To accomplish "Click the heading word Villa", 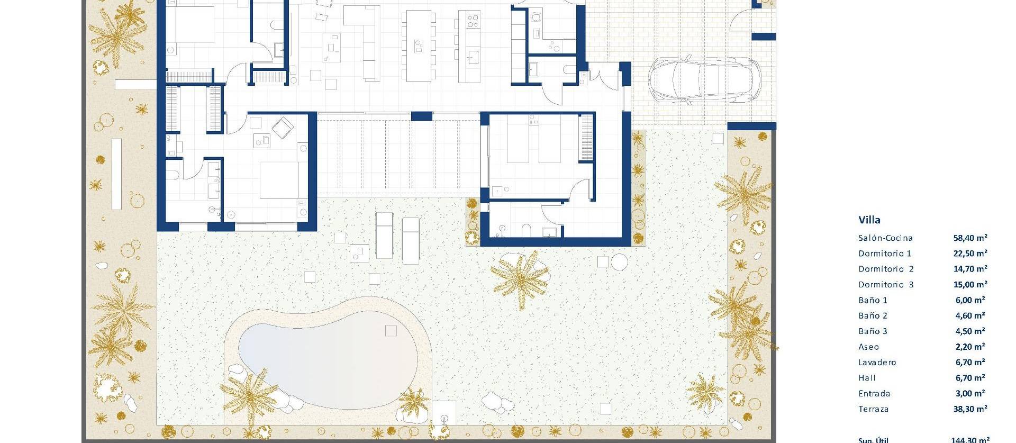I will pyautogui.click(x=869, y=220).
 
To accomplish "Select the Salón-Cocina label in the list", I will pyautogui.click(x=885, y=238).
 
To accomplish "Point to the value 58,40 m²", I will pyautogui.click(x=970, y=238).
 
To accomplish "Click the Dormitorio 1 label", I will pyautogui.click(x=885, y=254).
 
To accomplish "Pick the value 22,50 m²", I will pyautogui.click(x=970, y=254).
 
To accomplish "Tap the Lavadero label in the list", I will pyautogui.click(x=877, y=363).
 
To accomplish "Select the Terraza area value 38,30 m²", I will pyautogui.click(x=970, y=409).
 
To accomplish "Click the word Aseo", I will pyautogui.click(x=868, y=347).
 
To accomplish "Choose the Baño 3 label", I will pyautogui.click(x=873, y=331).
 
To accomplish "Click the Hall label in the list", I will pyautogui.click(x=867, y=378).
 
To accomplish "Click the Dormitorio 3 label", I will pyautogui.click(x=886, y=285).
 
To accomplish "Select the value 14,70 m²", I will pyautogui.click(x=970, y=269).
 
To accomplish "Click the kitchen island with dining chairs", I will pyautogui.click(x=418, y=47).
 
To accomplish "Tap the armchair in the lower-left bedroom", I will pyautogui.click(x=283, y=128).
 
